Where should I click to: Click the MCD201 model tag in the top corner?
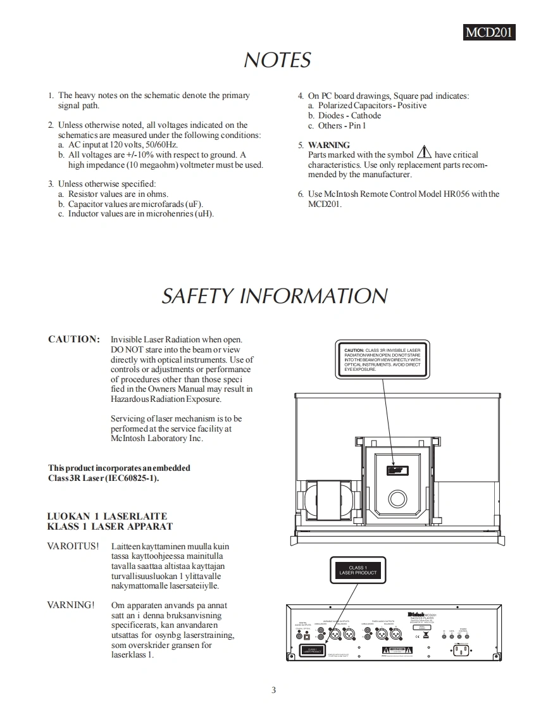[x=489, y=32]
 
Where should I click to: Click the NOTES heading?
[x=277, y=60]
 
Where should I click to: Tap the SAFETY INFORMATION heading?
[x=274, y=296]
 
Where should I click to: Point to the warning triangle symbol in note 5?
[x=423, y=153]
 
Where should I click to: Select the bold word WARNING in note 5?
[x=328, y=145]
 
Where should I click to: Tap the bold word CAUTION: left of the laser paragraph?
[x=74, y=339]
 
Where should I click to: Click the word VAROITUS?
[x=73, y=546]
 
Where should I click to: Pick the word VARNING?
[x=71, y=605]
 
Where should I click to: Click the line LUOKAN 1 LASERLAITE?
[x=107, y=516]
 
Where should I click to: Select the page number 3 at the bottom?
[x=273, y=690]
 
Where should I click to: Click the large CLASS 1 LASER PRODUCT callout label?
[x=358, y=570]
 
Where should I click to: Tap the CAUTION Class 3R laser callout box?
[x=382, y=359]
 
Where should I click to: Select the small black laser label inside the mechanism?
[x=397, y=470]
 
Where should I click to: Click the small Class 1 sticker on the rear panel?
[x=311, y=650]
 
